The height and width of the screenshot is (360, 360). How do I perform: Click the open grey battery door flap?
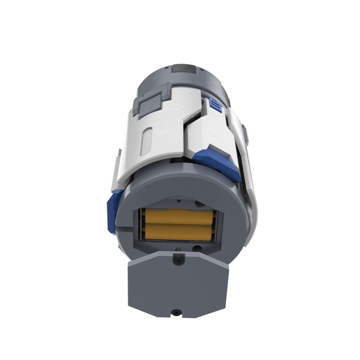click(179, 286)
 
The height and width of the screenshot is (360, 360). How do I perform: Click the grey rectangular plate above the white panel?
click(149, 106)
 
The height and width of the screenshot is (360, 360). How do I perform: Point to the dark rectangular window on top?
click(185, 68)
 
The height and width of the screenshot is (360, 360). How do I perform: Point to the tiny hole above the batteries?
click(170, 203)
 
